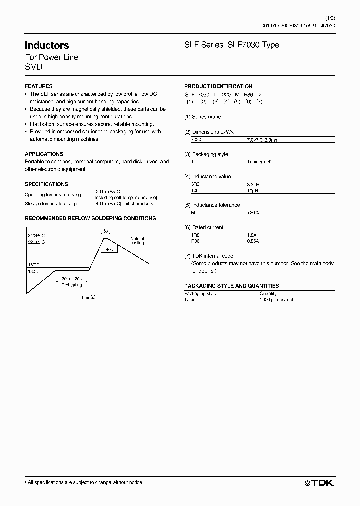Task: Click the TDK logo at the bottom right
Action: click(320, 482)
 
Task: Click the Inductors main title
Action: click(47, 45)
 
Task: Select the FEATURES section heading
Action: click(38, 86)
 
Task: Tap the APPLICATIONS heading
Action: click(44, 154)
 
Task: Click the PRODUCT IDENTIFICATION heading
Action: click(218, 86)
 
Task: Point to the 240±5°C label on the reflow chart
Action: click(37, 235)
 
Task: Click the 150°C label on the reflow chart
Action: click(34, 265)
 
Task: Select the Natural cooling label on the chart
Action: click(137, 241)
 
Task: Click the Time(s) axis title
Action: click(88, 297)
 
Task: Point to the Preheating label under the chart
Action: click(71, 284)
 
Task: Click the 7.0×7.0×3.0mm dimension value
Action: click(262, 140)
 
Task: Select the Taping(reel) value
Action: click(259, 162)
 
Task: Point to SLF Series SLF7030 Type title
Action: click(232, 45)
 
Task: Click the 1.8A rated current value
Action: click(253, 235)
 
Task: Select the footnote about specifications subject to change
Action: click(84, 482)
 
